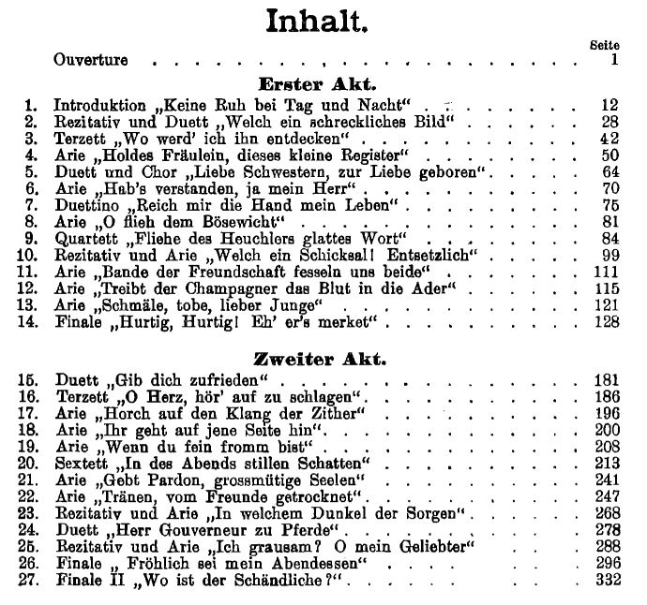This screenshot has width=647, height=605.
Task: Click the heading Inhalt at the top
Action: click(316, 21)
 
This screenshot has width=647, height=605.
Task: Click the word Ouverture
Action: click(91, 61)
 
